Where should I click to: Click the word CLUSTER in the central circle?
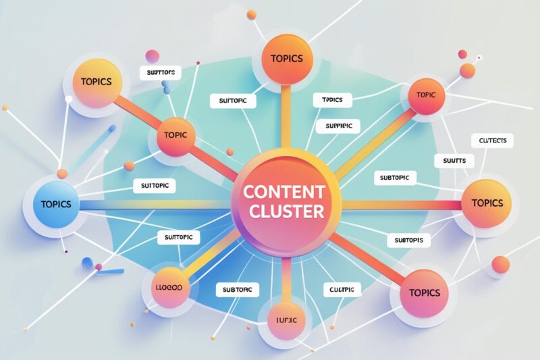286,211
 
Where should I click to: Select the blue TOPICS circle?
55,204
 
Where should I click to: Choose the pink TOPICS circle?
424,292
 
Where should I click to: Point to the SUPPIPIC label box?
338,126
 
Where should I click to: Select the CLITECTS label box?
491,140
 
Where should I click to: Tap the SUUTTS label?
454,161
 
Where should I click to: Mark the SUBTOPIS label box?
409,240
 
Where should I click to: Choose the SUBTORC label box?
237,290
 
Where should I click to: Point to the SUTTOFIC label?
179,237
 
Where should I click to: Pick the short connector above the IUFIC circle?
286,277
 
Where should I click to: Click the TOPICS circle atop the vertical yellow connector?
286,59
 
